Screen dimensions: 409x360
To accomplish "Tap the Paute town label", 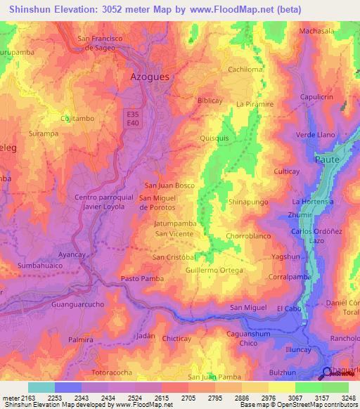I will tap(330, 160).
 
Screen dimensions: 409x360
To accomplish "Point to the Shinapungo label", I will tap(248, 202).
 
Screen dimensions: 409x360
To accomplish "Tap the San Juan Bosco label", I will tap(169, 186).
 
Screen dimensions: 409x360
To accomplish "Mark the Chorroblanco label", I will tap(248, 236).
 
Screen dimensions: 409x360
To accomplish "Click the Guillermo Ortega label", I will tap(214, 270).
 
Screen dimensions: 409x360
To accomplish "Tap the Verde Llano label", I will tap(315, 134).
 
